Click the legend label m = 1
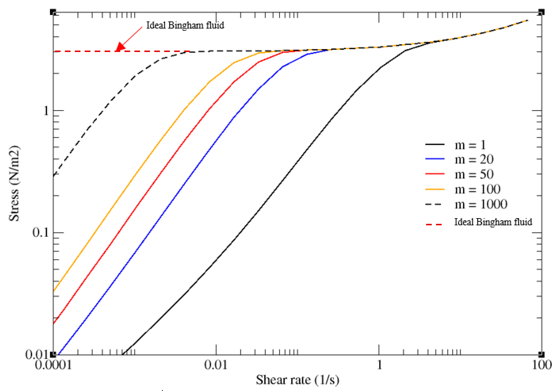tap(470, 145)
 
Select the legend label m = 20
tap(474, 159)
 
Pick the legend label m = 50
tap(474, 174)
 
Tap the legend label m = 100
tap(477, 189)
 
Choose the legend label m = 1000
tap(481, 204)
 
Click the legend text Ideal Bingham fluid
tap(493, 222)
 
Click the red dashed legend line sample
tap(434, 224)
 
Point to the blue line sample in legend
tap(435, 159)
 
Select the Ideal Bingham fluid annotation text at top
tap(185, 25)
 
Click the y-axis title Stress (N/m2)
tap(14, 183)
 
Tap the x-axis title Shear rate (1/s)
tap(297, 380)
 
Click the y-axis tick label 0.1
tap(41, 232)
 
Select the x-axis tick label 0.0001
tap(53, 365)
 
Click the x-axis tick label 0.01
tap(216, 365)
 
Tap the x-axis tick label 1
tap(379, 365)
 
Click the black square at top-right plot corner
tap(541, 12)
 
